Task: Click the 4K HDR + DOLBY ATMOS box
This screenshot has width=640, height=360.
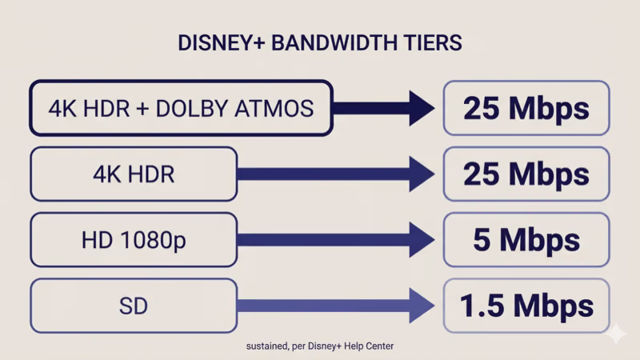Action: (x=181, y=108)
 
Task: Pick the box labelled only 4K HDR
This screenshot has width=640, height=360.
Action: (x=134, y=174)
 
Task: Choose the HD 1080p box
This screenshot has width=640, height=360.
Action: (x=134, y=239)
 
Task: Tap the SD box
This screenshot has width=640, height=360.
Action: (x=134, y=305)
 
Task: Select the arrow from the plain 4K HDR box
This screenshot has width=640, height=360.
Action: (x=336, y=174)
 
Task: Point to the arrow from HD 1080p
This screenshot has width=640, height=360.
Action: (x=336, y=239)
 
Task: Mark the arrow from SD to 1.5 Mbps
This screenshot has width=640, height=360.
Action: (x=336, y=305)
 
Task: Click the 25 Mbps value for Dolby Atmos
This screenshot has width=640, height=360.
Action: (x=526, y=108)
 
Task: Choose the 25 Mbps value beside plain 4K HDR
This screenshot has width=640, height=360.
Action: (x=526, y=174)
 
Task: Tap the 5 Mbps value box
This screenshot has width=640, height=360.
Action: (x=526, y=239)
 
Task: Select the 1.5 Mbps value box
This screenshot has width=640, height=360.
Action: (x=526, y=305)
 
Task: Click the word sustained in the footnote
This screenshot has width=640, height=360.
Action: (x=266, y=346)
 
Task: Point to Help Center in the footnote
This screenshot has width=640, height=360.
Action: (x=370, y=346)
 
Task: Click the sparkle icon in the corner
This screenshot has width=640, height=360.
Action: (x=616, y=335)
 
